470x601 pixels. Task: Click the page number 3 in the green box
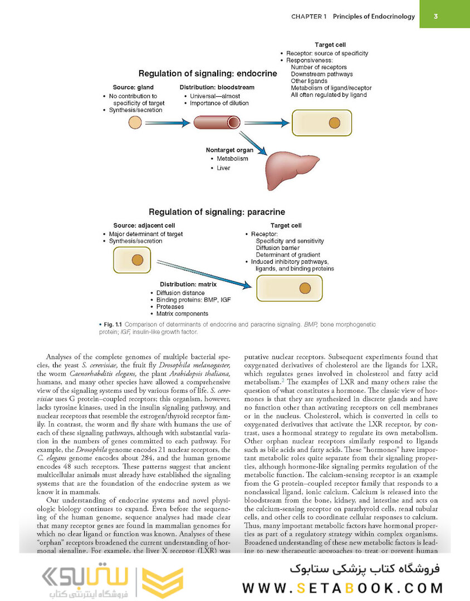pos(436,16)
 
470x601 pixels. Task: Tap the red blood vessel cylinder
pos(217,122)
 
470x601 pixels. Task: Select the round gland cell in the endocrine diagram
pos(135,122)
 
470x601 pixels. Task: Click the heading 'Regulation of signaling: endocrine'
pos(208,73)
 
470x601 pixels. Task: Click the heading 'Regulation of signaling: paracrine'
pos(217,212)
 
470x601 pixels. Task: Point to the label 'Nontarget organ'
pos(229,150)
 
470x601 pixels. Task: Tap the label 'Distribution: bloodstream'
pos(217,87)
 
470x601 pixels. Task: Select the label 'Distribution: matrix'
pos(188,284)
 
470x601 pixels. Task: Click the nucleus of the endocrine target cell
pos(334,122)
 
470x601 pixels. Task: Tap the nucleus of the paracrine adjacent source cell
pos(138,259)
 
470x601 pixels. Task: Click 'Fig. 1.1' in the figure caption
pos(109,324)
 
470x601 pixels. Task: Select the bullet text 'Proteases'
pos(170,307)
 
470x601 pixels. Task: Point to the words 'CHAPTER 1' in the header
pos(309,16)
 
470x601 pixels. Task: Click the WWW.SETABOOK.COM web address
pos(342,588)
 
